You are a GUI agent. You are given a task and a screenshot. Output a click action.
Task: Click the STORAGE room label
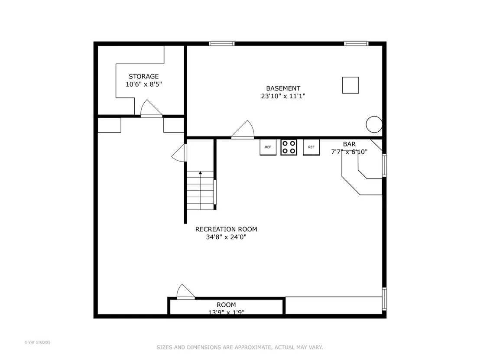coord(143,77)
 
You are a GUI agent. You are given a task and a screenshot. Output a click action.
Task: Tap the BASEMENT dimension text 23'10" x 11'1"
coord(283,96)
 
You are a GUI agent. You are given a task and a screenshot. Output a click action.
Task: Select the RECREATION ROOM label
coord(226,229)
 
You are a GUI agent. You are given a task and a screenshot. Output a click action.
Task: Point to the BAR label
coord(349,144)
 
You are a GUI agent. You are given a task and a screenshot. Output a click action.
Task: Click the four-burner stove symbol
coord(289,147)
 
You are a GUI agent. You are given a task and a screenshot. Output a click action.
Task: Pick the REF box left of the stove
coord(268,147)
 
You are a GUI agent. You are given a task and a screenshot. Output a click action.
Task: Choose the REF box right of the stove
coord(311,147)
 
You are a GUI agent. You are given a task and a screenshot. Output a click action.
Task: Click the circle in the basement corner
coord(374,125)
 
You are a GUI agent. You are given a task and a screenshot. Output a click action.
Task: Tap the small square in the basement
coord(350,85)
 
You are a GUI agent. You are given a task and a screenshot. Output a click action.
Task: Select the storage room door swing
coord(151,108)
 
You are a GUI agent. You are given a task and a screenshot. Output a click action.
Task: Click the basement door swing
coord(243,130)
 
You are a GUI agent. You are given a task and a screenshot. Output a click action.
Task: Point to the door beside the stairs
coord(179,153)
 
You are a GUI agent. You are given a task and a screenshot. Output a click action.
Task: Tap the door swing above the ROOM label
coord(186,292)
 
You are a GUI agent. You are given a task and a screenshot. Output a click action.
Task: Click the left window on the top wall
coord(222,43)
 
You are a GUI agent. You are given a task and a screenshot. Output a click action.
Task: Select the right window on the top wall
coord(356,43)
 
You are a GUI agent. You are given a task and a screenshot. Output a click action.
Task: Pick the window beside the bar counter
coord(384,165)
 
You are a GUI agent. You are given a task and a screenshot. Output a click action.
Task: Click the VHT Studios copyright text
coord(37,342)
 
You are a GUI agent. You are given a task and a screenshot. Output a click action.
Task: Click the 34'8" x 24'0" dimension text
coord(226,237)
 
